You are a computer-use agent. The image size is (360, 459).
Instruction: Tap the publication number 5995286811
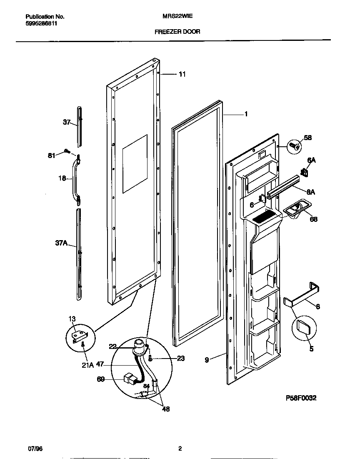click(x=41, y=24)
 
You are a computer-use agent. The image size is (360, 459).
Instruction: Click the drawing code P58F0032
click(x=301, y=398)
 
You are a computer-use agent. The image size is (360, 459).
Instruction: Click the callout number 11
click(x=182, y=74)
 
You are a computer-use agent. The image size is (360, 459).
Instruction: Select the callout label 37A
click(x=61, y=243)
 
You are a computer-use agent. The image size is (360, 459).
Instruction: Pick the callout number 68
click(x=313, y=219)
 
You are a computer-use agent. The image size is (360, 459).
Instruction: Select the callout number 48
click(x=165, y=409)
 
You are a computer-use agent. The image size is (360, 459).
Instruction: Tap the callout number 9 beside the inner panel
click(x=207, y=359)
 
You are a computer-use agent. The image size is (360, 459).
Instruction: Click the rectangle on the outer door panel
click(x=135, y=164)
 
